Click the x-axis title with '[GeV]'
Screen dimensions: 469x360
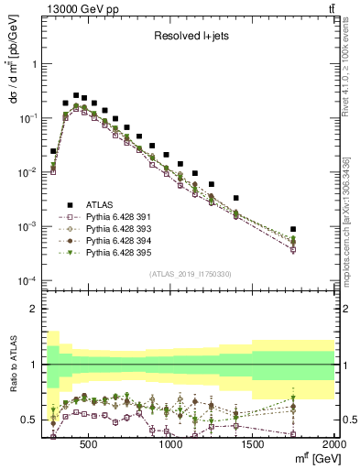click(x=310, y=458)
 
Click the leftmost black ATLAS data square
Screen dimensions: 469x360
click(x=53, y=151)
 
